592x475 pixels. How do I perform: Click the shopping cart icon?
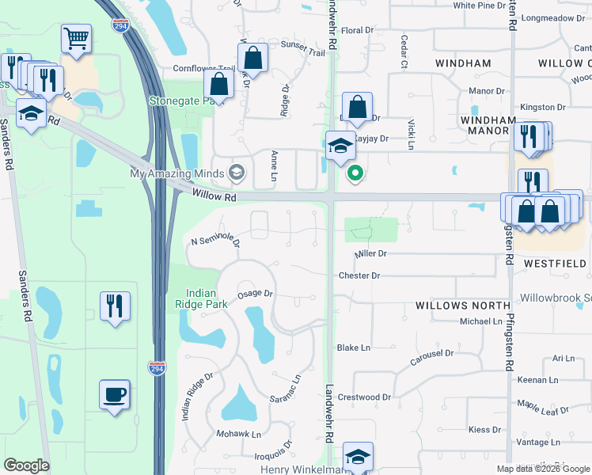pyautogui.click(x=76, y=39)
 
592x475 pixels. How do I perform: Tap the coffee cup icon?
pyautogui.click(x=114, y=394)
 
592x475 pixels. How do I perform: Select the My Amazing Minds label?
pyautogui.click(x=179, y=173)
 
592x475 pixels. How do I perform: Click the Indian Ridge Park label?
pyautogui.click(x=201, y=298)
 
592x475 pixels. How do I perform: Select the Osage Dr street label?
pyautogui.click(x=255, y=293)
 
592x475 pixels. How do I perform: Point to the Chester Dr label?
pyautogui.click(x=359, y=276)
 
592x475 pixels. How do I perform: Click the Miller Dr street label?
pyautogui.click(x=370, y=254)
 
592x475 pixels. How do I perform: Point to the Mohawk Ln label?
pyautogui.click(x=239, y=435)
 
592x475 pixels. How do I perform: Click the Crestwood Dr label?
pyautogui.click(x=365, y=397)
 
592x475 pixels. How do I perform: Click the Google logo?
pyautogui.click(x=26, y=465)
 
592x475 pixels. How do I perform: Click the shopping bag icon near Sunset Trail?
pyautogui.click(x=252, y=58)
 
